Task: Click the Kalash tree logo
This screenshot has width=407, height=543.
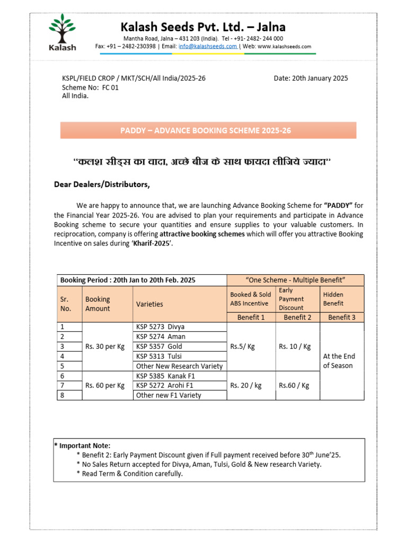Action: [x=63, y=32]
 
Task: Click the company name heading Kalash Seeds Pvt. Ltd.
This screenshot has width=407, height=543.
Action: [x=203, y=27]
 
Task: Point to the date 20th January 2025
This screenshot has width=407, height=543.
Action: [x=311, y=78]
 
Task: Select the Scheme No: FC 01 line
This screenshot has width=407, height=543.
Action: [x=90, y=87]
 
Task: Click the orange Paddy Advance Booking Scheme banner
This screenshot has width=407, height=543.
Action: [x=208, y=130]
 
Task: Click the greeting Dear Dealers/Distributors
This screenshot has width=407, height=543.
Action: [x=102, y=185]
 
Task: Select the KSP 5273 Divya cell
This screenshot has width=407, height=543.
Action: [x=161, y=327]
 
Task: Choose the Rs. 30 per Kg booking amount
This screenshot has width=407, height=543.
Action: [x=105, y=346]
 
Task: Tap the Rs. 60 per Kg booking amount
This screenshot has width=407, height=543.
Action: [x=105, y=386]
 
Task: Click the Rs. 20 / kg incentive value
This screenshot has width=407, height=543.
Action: [x=246, y=386]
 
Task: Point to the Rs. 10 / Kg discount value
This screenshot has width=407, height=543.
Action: [x=294, y=346]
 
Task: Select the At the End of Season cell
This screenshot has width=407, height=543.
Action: [x=339, y=361]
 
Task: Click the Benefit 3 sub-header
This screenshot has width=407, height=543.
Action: [x=342, y=317]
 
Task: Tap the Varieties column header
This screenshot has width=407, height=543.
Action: [x=150, y=304]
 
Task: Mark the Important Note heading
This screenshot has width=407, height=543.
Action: [x=83, y=445]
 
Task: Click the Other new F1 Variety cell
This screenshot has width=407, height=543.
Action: [x=169, y=395]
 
